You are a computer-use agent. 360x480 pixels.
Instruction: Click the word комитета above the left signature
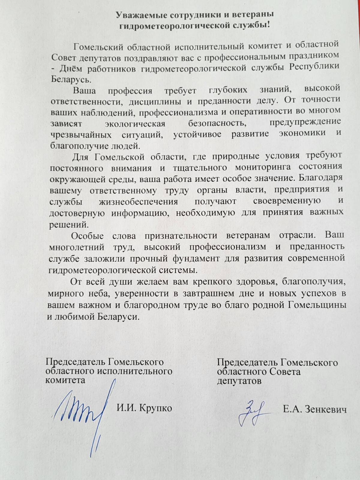click(x=65, y=380)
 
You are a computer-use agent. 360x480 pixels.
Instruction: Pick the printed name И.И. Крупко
click(x=144, y=408)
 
